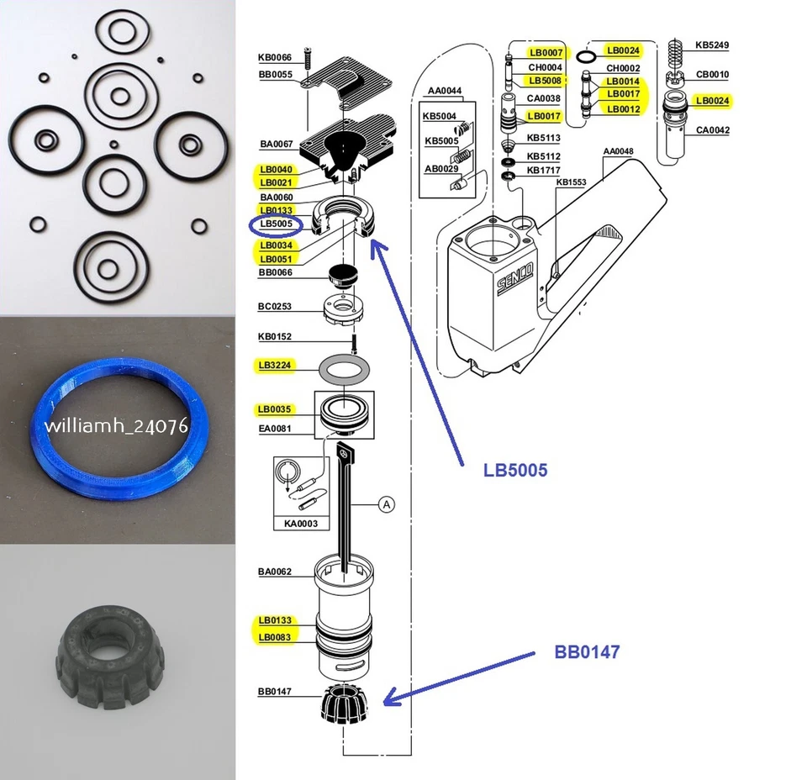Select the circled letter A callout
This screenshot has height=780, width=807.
click(386, 504)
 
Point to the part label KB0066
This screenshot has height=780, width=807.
click(275, 58)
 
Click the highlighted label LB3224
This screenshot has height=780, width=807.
click(275, 366)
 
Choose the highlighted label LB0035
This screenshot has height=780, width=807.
click(275, 410)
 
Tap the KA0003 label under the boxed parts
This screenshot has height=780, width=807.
click(302, 524)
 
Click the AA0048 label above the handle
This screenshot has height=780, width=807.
click(618, 152)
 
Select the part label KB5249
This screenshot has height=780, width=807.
click(712, 45)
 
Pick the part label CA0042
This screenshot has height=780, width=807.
click(712, 130)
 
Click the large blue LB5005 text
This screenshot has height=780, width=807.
click(514, 471)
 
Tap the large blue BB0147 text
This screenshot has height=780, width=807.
click(587, 651)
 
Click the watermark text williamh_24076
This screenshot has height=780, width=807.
click(117, 425)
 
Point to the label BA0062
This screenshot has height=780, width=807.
click(275, 572)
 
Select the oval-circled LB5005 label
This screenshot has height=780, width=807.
click(276, 225)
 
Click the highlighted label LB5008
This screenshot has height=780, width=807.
click(546, 81)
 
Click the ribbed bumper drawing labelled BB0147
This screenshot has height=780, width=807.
click(345, 703)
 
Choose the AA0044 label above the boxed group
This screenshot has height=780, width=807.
click(445, 90)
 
